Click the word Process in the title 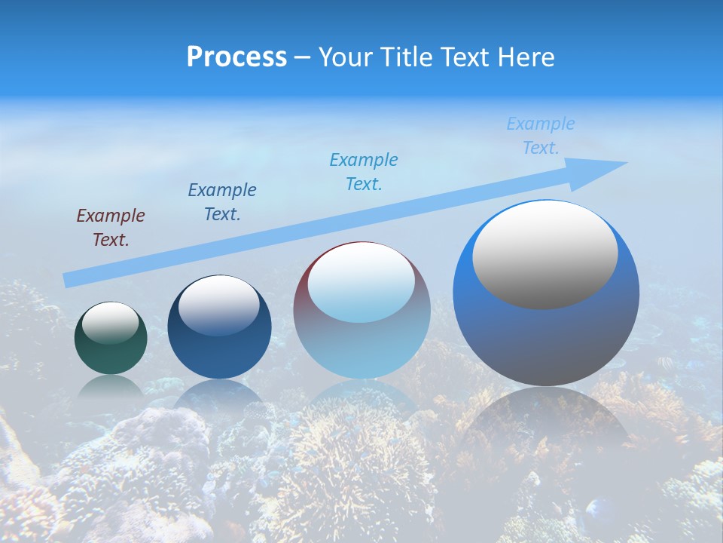click(236, 57)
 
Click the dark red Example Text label click(111, 227)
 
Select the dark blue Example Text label click(222, 201)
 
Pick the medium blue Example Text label click(364, 171)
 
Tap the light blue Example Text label click(541, 136)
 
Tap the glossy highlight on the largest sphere click(545, 255)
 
